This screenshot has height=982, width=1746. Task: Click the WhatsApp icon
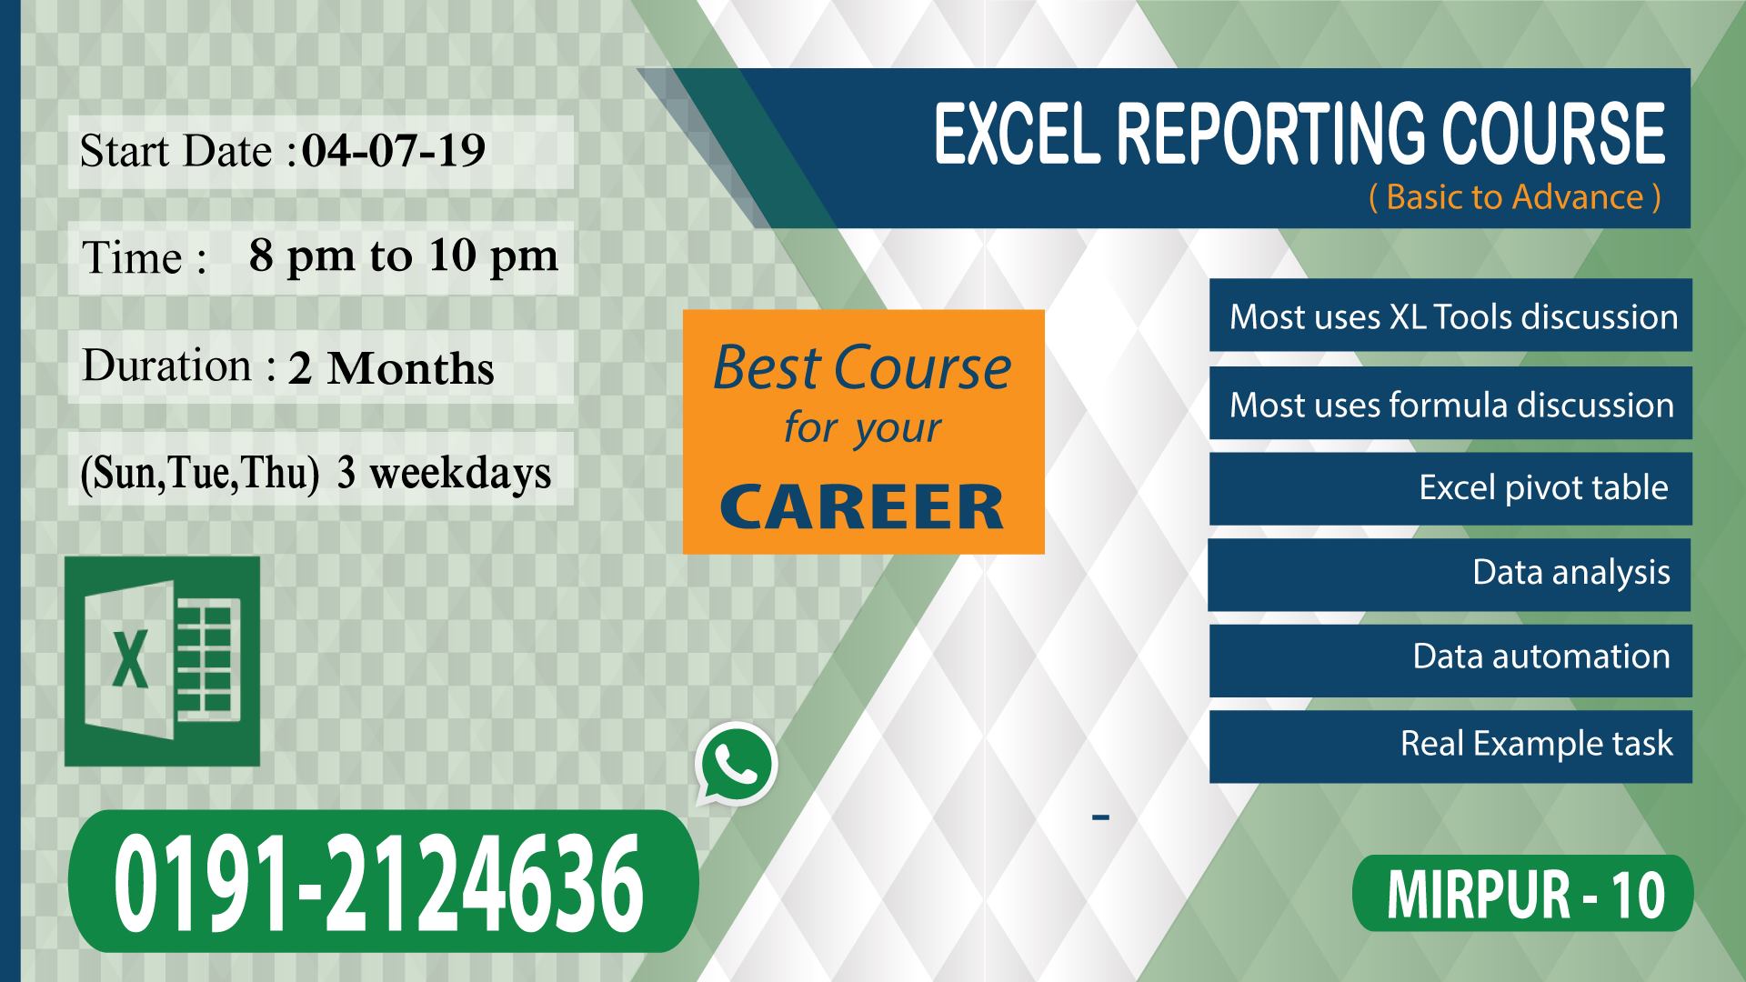(x=736, y=764)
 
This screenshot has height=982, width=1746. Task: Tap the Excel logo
(x=162, y=661)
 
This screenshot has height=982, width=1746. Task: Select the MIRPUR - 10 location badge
(x=1523, y=894)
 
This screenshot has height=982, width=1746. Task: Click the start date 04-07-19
(x=393, y=151)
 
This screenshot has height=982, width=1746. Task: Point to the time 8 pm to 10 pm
(x=404, y=256)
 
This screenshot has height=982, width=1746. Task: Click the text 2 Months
(x=391, y=368)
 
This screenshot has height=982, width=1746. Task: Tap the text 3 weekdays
(x=444, y=473)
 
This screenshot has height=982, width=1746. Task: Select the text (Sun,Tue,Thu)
(x=200, y=474)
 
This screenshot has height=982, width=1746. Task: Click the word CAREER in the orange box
(x=862, y=507)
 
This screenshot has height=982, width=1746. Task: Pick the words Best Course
(x=862, y=368)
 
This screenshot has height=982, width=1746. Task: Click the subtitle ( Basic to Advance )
(x=1514, y=197)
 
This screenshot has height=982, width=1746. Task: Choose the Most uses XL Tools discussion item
(x=1452, y=316)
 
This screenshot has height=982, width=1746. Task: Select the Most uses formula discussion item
(x=1451, y=405)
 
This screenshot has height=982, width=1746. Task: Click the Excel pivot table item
(x=1543, y=488)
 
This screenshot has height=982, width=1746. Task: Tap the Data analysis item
(x=1570, y=573)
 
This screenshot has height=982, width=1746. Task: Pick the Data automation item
(x=1541, y=656)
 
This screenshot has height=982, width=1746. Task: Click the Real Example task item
(x=1536, y=744)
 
